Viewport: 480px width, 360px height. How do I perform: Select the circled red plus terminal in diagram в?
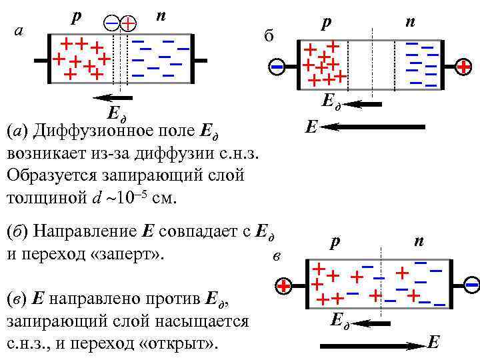(x=284, y=287)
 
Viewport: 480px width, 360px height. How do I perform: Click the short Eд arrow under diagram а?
(x=113, y=98)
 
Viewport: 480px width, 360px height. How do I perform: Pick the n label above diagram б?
(x=411, y=22)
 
